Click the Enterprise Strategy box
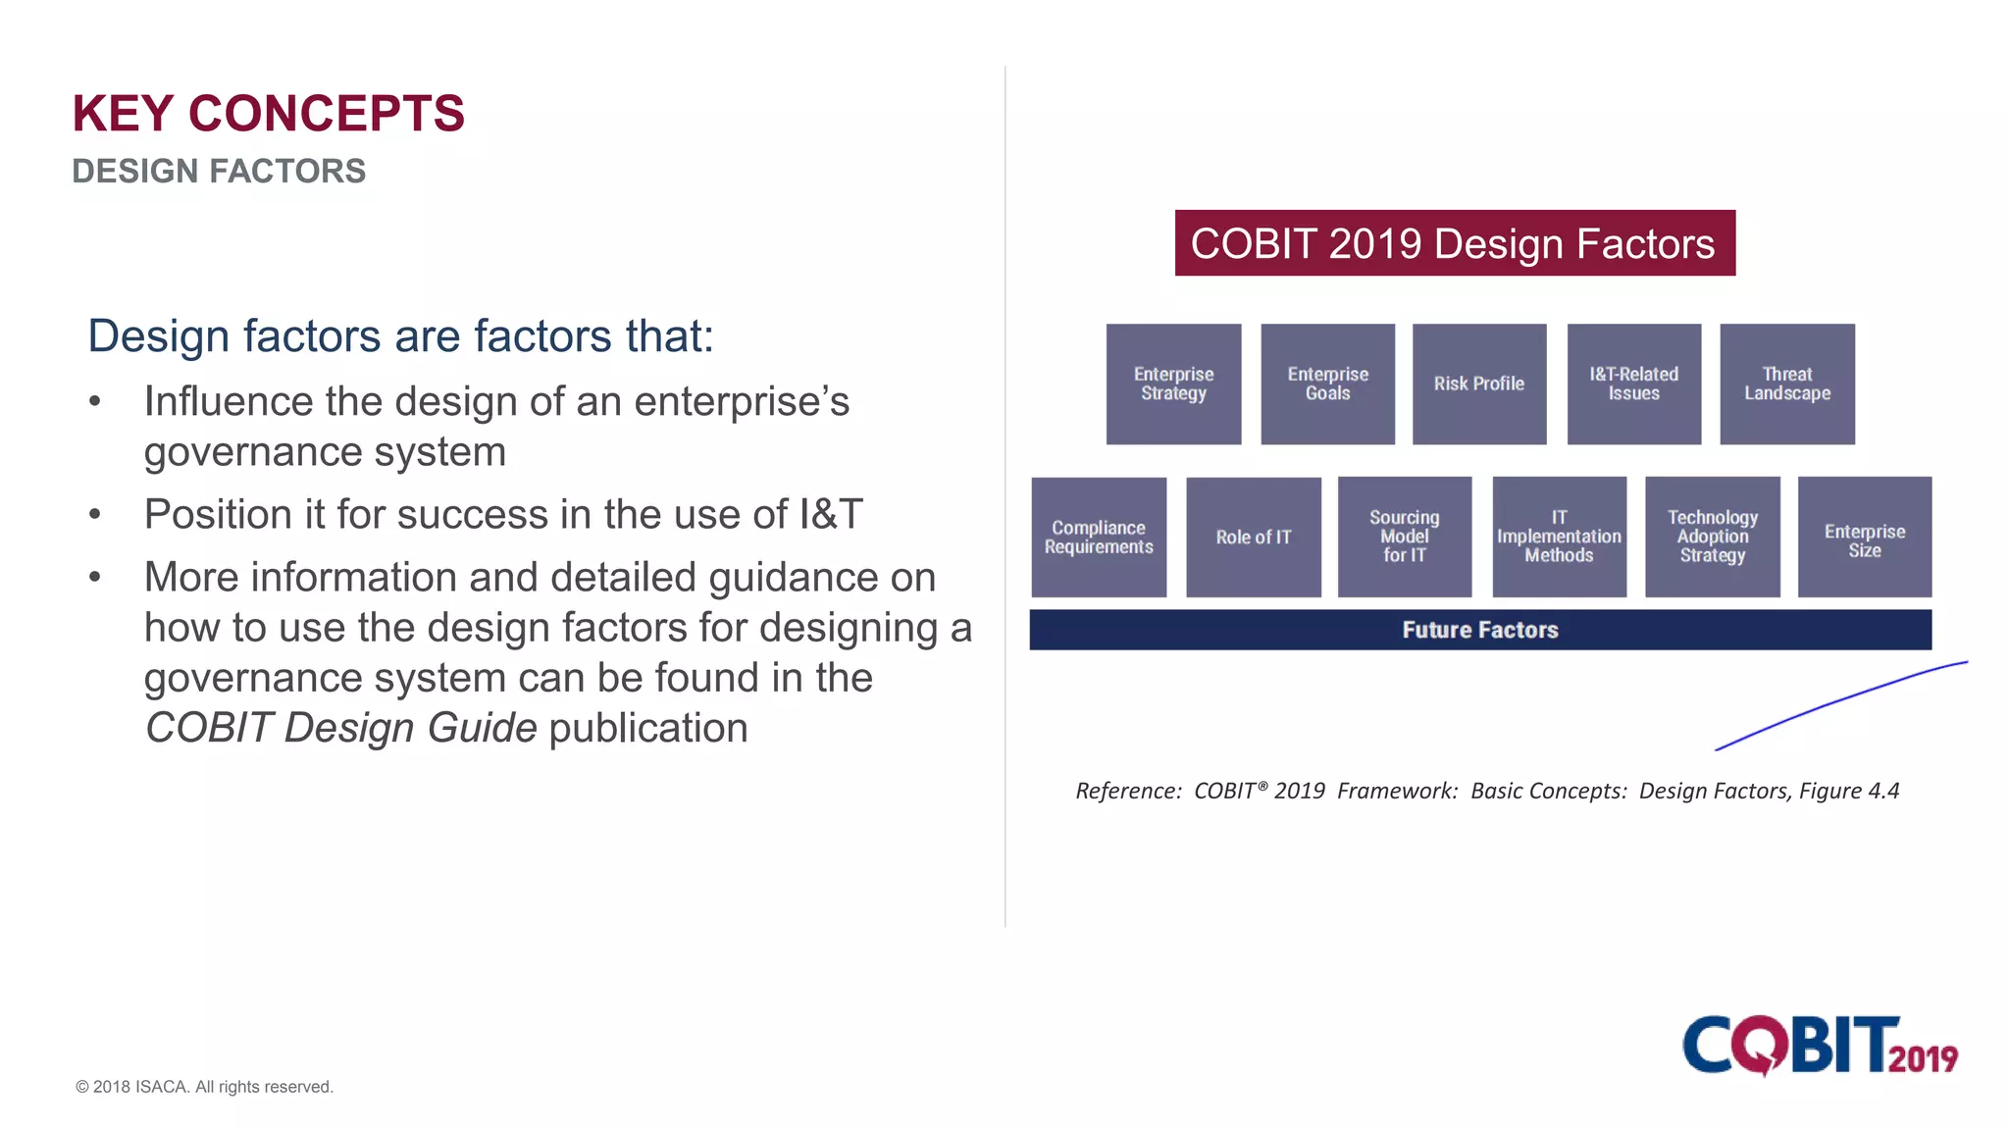[x=1173, y=384]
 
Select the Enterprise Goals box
[x=1327, y=384]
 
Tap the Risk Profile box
[x=1479, y=384]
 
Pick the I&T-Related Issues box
[x=1633, y=384]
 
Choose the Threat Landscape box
[x=1786, y=384]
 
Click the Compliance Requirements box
[x=1099, y=537]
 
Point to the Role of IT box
[x=1253, y=537]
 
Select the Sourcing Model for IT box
[x=1404, y=537]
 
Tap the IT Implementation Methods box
[x=1559, y=537]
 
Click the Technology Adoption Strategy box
[x=1712, y=537]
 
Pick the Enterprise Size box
[x=1864, y=537]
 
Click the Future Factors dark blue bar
[x=1479, y=630]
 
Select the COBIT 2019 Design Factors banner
[x=1454, y=243]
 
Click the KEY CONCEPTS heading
[x=268, y=114]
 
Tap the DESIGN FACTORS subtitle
[x=219, y=172]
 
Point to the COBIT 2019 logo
[x=1820, y=1046]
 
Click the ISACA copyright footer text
[x=204, y=1087]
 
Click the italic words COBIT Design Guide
[x=341, y=728]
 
